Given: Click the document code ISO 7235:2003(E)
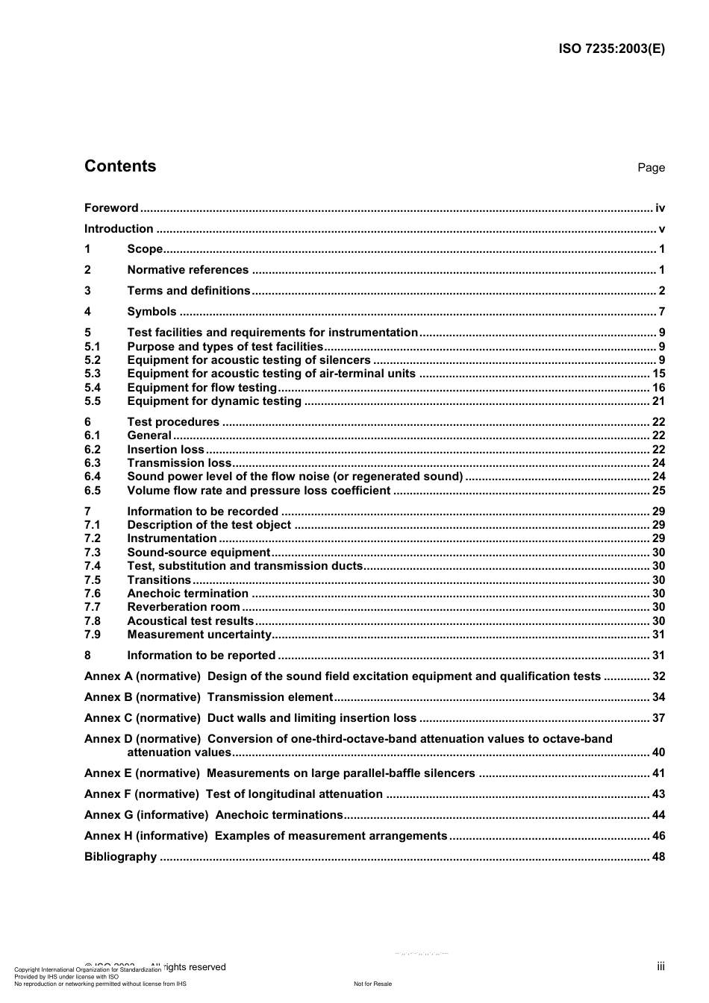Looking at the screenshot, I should (611, 49).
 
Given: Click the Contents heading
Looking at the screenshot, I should (120, 166).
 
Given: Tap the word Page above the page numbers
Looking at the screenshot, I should (651, 168).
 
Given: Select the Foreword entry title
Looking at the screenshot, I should (111, 208).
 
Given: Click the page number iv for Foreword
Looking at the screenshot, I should (660, 208).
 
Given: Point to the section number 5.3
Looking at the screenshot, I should (93, 374).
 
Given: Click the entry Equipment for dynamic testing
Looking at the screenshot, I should (214, 401).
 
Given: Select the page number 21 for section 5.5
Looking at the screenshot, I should (658, 401).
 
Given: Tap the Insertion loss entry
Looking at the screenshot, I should (166, 450).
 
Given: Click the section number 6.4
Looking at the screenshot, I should (93, 477).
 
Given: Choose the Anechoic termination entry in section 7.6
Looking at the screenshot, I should (187, 594).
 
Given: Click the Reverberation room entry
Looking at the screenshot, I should (184, 607).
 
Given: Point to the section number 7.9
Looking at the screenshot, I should (93, 635).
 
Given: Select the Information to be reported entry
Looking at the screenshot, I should (202, 655).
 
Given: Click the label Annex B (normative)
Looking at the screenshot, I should (143, 697).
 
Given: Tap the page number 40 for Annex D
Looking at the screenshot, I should (658, 752).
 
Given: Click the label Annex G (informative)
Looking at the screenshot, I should (146, 815).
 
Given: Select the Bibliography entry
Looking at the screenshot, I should (120, 857).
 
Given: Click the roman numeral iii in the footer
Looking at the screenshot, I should (660, 966).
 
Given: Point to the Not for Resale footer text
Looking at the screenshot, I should (372, 984).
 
